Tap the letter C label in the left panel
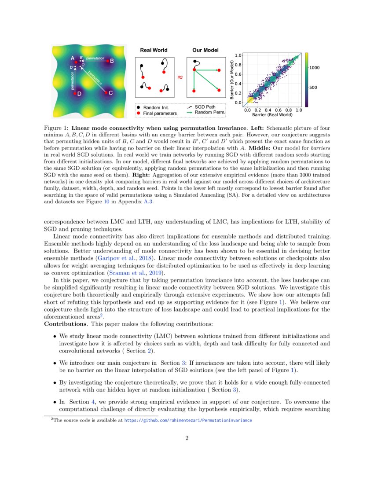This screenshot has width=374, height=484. click(x=110, y=93)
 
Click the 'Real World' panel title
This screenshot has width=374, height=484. click(x=154, y=50)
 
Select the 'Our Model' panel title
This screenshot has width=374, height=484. click(x=205, y=50)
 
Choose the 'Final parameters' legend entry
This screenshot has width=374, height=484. click(x=160, y=113)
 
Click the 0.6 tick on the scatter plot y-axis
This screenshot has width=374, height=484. click(x=238, y=74)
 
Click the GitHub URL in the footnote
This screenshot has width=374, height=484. click(x=188, y=420)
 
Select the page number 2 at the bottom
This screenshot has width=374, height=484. click(x=187, y=438)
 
